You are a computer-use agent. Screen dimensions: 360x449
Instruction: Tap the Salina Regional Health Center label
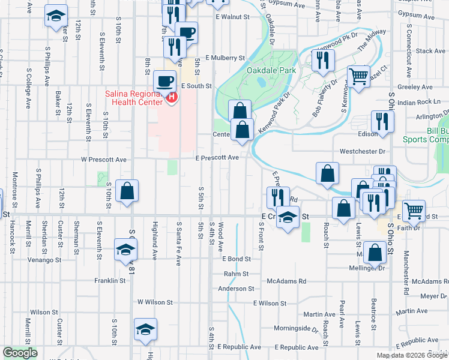[134, 97]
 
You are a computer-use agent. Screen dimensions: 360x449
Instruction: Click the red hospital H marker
[172, 97]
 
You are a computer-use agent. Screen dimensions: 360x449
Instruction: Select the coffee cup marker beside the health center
[164, 81]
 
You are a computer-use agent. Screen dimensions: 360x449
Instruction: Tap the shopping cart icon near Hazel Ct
[358, 76]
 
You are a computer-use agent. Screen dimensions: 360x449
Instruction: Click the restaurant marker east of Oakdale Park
[323, 61]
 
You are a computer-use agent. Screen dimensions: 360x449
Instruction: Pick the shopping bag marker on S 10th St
[127, 191]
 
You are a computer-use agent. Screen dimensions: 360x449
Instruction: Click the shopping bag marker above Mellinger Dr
[375, 253]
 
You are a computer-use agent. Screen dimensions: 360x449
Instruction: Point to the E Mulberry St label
[225, 58]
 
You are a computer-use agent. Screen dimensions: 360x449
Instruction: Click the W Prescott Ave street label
[104, 160]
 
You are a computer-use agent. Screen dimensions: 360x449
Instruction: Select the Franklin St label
[109, 280]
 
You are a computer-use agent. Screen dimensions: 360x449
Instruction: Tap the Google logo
[20, 353]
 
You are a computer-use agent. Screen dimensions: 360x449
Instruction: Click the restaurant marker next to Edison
[382, 122]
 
